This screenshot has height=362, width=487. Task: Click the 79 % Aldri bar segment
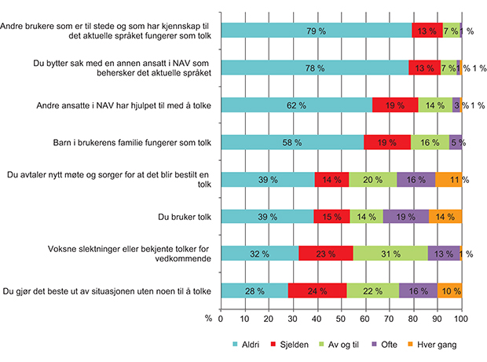(x=316, y=31)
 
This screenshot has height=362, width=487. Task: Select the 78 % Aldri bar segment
(x=314, y=68)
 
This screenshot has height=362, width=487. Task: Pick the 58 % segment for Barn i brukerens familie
(x=291, y=141)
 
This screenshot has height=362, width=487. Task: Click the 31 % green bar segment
(x=390, y=253)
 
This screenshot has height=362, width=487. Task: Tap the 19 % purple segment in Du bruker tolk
(x=406, y=216)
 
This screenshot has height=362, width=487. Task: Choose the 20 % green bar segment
(x=373, y=179)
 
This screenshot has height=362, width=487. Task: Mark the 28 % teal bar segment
(x=254, y=290)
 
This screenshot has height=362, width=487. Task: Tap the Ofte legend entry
(x=406, y=345)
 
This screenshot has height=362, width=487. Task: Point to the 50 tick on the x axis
(x=341, y=318)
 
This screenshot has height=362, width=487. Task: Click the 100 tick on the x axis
(x=461, y=318)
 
